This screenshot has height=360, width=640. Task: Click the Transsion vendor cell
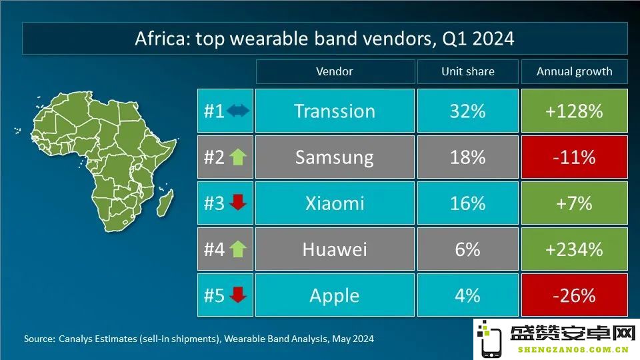point(335,111)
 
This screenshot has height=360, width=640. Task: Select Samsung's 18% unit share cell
point(468,157)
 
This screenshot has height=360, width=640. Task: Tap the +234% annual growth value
point(574,249)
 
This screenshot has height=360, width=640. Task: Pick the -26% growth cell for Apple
point(574,295)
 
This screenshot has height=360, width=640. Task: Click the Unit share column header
point(468,71)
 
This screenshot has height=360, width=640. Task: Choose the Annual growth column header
point(574,71)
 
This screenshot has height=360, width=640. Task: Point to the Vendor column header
point(335,71)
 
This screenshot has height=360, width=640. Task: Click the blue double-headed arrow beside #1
point(238,111)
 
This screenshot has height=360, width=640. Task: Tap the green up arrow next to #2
point(238,157)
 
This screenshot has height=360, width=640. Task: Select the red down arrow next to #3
point(238,203)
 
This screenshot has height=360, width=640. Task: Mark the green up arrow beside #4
point(238,249)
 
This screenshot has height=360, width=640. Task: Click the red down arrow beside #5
point(238,295)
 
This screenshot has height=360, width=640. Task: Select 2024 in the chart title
point(493,39)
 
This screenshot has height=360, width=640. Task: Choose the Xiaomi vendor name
point(335,203)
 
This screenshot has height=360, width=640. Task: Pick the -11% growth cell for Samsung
point(574,157)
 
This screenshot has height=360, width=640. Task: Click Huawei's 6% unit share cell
point(468,249)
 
